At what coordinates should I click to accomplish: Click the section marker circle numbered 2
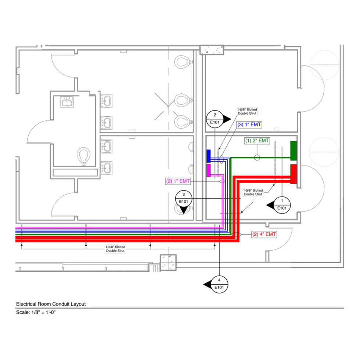point(215,119)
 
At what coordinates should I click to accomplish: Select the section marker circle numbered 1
point(282,204)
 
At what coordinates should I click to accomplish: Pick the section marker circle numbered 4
point(219,283)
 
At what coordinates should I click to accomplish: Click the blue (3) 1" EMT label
point(249,125)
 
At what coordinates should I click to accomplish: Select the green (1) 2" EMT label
point(257,141)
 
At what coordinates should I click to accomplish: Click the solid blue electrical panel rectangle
point(208,156)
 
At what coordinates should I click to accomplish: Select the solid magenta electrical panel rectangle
point(208,170)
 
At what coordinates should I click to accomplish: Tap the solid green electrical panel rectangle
point(293,151)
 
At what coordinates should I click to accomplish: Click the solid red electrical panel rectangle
point(293,174)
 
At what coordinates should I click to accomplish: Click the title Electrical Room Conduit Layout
point(51,304)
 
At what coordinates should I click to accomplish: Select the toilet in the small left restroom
point(84,156)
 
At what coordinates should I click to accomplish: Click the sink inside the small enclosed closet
point(67,102)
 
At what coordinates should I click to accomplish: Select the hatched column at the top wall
point(212,50)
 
